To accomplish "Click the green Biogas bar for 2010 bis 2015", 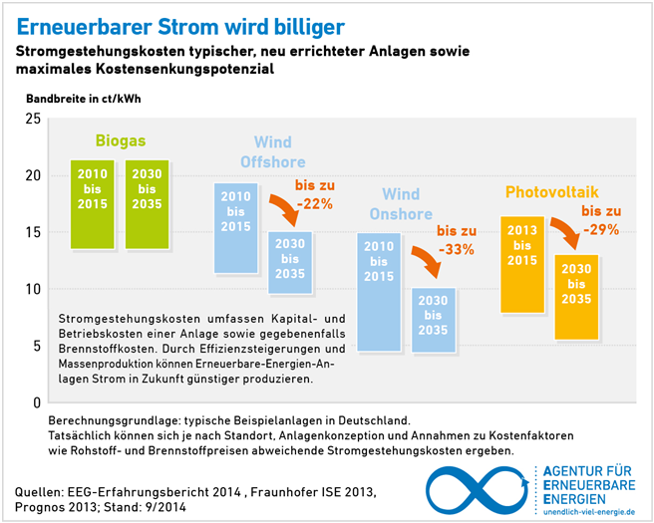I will tap(92, 204).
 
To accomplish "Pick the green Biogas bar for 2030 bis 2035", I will tap(148, 204).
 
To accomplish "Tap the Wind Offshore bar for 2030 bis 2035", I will tap(290, 263).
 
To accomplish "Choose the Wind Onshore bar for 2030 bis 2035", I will tap(434, 317).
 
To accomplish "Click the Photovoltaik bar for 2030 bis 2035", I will tap(576, 297).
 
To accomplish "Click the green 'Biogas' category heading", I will tap(120, 140).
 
